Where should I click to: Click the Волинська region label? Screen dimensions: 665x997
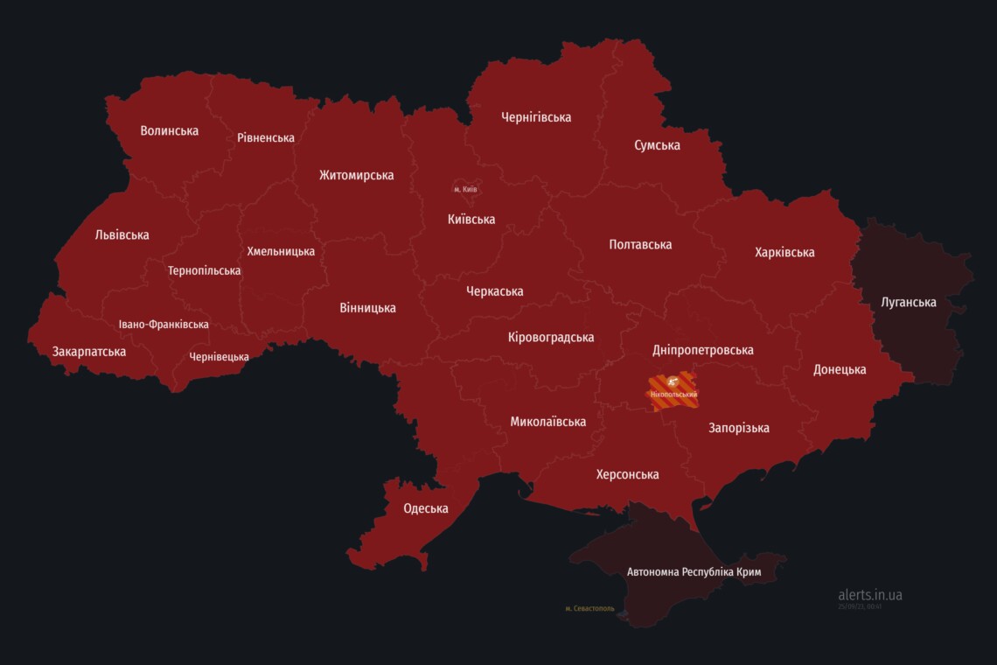pos(169,130)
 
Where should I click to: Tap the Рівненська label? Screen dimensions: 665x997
pos(265,137)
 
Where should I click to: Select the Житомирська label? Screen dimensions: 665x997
pos(356,175)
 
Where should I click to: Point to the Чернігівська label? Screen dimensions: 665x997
pos(535,116)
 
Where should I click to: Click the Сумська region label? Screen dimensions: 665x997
pos(657,145)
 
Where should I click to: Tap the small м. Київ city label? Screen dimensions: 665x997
pos(465,189)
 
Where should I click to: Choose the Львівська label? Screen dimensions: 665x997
pos(122,234)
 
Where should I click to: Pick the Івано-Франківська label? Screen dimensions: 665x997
pos(164,324)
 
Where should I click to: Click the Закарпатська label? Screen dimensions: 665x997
pos(88,352)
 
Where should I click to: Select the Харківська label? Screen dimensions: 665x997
pos(784,252)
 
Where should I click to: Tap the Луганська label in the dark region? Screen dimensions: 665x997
pos(909,303)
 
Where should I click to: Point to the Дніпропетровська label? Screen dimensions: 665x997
pos(702,350)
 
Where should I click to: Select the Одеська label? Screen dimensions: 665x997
pos(425,508)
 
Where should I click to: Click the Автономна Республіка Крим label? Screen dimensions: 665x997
pos(694,572)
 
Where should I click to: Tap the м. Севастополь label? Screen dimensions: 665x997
pos(589,608)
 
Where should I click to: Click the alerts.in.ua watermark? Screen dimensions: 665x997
pos(869,595)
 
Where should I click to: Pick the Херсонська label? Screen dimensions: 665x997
pos(627,474)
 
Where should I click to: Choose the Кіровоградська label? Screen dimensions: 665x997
pos(550,337)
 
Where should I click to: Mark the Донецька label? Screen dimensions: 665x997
pos(839,369)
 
